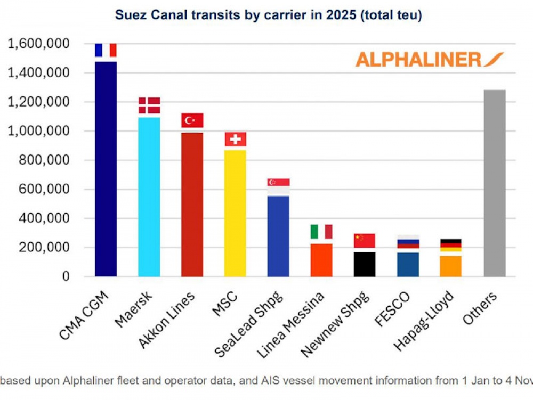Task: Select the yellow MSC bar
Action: (x=235, y=213)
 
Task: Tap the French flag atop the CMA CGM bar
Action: (x=106, y=50)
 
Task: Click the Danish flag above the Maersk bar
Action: (x=149, y=105)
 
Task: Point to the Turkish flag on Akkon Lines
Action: (x=192, y=120)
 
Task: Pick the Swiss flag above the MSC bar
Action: (x=235, y=139)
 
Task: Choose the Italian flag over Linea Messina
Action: (x=321, y=232)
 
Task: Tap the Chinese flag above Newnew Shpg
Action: (x=365, y=240)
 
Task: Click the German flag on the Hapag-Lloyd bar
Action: (x=450, y=245)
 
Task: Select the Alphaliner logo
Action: (x=429, y=59)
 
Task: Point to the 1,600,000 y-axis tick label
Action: (x=39, y=44)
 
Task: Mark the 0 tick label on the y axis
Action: (x=66, y=276)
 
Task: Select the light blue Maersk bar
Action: (x=149, y=197)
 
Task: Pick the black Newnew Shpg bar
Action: (x=365, y=264)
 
